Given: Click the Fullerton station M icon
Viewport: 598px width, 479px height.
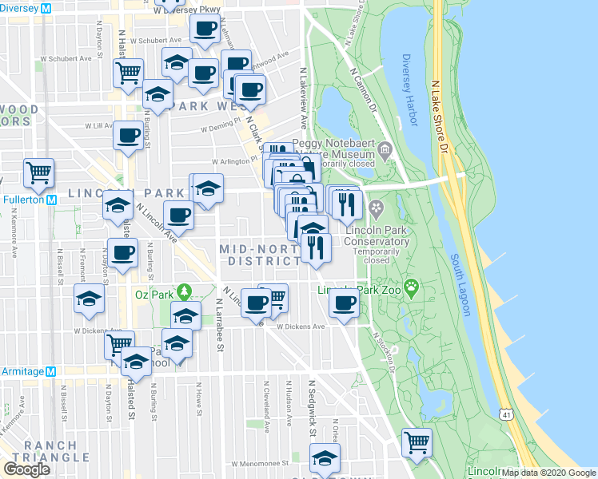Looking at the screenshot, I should [51, 200].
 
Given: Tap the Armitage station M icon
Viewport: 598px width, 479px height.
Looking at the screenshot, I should [51, 371].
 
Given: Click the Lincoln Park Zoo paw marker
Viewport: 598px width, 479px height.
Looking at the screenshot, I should [411, 287].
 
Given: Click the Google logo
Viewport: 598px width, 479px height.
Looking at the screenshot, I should [26, 469].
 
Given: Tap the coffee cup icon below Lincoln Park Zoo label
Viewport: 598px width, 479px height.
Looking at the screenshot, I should [345, 304].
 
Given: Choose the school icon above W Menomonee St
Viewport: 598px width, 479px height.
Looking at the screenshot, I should [325, 458].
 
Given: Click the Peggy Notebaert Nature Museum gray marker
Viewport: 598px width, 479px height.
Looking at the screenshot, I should [385, 149].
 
